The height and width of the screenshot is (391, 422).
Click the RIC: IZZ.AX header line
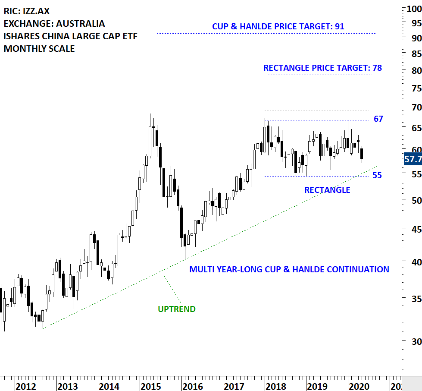tap(26, 11)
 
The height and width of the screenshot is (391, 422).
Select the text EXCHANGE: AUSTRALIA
tap(54, 24)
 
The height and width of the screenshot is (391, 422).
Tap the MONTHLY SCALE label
tap(39, 49)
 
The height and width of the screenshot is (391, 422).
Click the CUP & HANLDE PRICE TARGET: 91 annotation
tap(278, 27)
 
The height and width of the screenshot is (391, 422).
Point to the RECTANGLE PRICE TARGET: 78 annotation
tap(322, 68)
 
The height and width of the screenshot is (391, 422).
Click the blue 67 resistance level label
tap(378, 119)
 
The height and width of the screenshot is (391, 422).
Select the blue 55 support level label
tap(377, 175)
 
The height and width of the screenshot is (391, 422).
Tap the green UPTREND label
tap(176, 309)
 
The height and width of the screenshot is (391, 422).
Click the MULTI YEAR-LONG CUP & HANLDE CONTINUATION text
tap(289, 269)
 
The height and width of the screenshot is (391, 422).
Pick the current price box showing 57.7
tap(413, 159)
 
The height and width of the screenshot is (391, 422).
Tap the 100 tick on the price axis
tap(413, 8)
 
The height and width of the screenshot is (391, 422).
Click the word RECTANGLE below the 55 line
tap(327, 190)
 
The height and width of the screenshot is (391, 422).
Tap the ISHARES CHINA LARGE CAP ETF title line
tap(70, 36)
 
